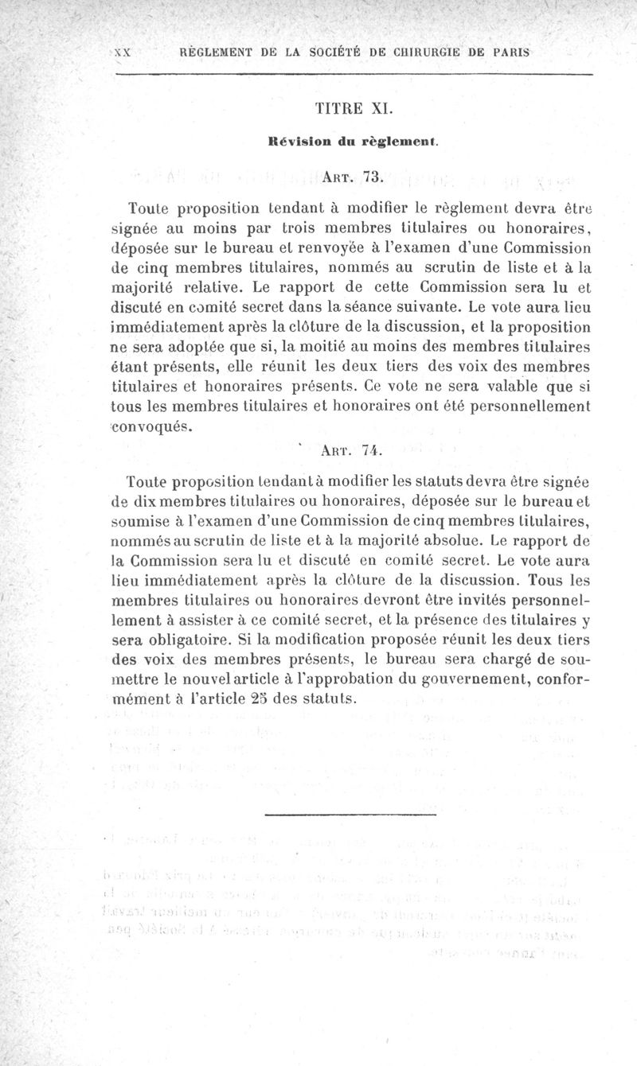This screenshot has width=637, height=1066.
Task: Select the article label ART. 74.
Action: click(x=350, y=450)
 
